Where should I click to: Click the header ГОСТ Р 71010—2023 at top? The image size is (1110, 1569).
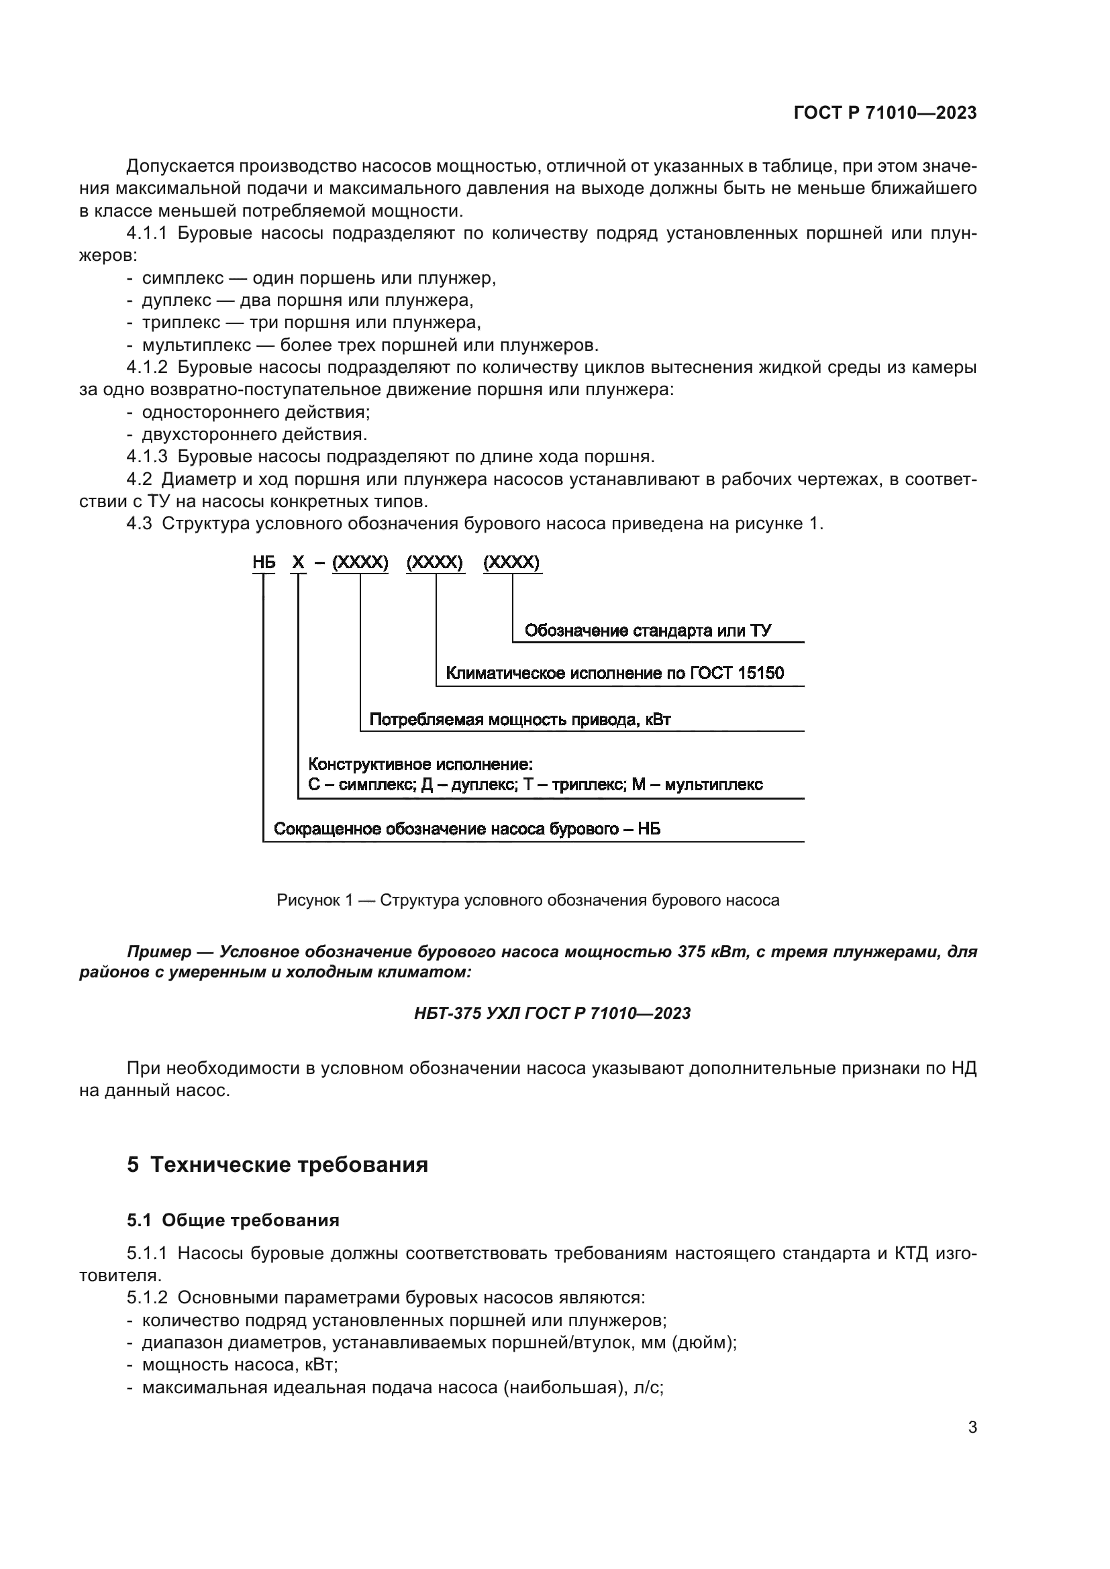[885, 113]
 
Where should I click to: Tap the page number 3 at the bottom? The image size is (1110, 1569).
[972, 1427]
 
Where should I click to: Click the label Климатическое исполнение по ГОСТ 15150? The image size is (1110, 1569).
[615, 673]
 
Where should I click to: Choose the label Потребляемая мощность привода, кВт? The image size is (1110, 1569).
[519, 719]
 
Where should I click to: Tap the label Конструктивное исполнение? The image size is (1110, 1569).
[419, 763]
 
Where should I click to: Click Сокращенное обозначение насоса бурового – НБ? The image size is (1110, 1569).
[467, 829]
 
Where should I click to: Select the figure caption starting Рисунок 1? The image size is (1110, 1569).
[527, 900]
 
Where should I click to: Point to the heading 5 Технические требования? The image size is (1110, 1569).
[278, 1164]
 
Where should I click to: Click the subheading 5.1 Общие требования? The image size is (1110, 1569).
[233, 1220]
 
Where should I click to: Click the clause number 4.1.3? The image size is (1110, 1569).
[146, 457]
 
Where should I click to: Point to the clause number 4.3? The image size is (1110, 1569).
[139, 523]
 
